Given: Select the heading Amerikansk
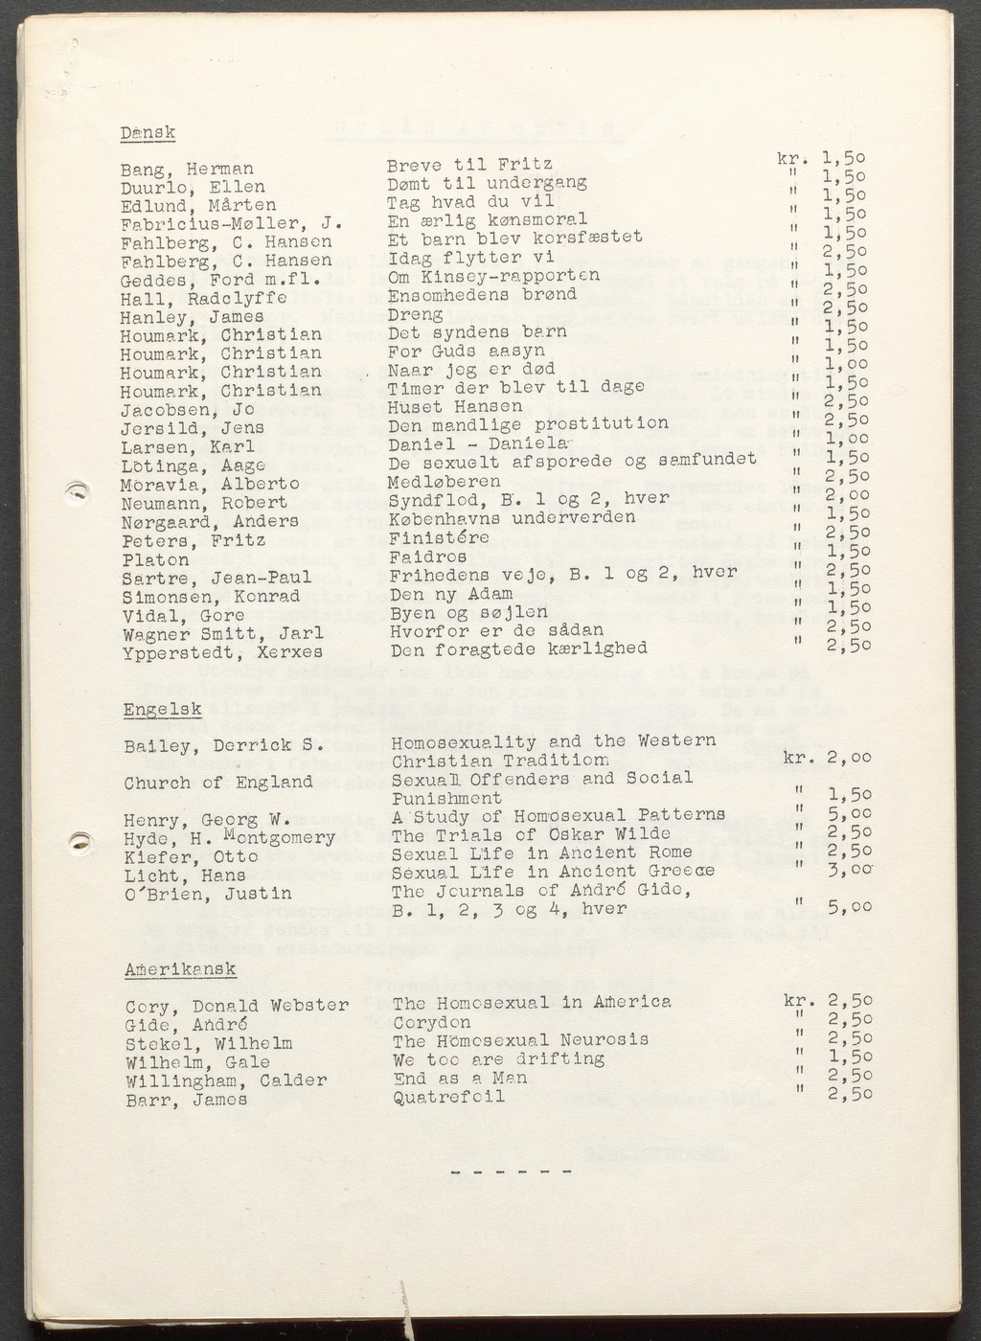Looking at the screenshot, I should point(180,969).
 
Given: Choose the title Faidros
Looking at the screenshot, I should point(428,556).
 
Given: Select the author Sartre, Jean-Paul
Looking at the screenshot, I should point(217,578).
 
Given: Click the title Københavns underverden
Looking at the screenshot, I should point(512,518).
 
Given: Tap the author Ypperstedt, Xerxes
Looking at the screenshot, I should point(222,652).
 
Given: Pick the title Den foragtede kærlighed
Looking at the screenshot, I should point(518,648).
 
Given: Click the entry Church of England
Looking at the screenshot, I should point(218,783).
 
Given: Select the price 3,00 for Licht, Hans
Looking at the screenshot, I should point(850,869).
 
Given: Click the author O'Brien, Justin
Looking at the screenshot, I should point(208,894).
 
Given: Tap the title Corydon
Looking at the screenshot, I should point(432,1022).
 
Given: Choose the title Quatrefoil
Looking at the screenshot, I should point(448,1097).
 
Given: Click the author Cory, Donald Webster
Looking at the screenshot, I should point(237,1007).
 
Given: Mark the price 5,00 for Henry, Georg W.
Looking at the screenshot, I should point(849,814).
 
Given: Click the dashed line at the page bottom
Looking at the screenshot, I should point(510,1171).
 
